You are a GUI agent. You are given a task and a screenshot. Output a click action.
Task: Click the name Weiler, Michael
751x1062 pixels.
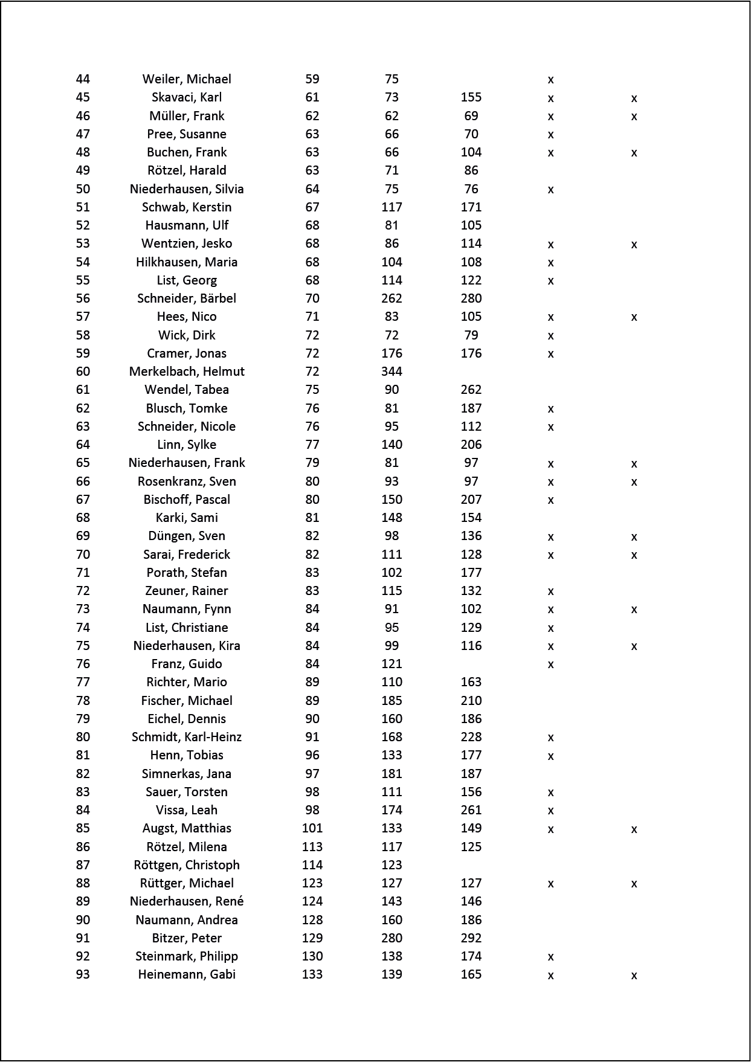pyautogui.click(x=187, y=79)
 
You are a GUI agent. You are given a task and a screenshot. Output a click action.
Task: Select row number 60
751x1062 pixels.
pyautogui.click(x=83, y=372)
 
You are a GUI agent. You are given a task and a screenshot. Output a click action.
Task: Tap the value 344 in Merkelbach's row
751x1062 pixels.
pyautogui.click(x=392, y=372)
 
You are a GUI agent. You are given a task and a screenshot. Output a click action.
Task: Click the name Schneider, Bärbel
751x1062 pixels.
pyautogui.click(x=187, y=298)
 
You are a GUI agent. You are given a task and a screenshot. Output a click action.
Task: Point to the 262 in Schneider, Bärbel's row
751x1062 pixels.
pyautogui.click(x=392, y=298)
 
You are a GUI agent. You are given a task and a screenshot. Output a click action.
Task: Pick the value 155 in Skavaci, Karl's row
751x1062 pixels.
pyautogui.click(x=471, y=97)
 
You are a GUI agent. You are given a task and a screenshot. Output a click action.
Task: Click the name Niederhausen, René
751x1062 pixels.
pyautogui.click(x=187, y=901)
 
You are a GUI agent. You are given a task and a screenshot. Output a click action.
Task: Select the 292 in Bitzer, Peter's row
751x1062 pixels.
pyautogui.click(x=471, y=938)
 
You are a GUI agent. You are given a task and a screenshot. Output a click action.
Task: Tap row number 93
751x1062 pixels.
pyautogui.click(x=83, y=974)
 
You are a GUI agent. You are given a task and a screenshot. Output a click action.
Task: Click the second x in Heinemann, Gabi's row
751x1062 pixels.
pyautogui.click(x=634, y=975)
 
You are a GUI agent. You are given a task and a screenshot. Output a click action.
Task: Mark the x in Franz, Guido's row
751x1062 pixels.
pyautogui.click(x=550, y=665)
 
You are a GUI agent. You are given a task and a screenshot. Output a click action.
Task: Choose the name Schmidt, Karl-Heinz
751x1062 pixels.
pyautogui.click(x=187, y=737)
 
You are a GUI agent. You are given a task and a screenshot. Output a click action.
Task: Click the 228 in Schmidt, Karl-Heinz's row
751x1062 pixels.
pyautogui.click(x=471, y=737)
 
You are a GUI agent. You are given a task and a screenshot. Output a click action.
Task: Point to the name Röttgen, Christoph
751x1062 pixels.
pyautogui.click(x=187, y=865)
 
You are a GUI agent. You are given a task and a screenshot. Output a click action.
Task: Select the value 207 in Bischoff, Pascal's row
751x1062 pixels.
pyautogui.click(x=471, y=500)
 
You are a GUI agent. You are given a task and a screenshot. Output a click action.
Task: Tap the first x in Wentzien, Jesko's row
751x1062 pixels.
pyautogui.click(x=550, y=245)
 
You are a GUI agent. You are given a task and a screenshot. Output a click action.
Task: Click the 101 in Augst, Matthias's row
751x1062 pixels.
pyautogui.click(x=312, y=828)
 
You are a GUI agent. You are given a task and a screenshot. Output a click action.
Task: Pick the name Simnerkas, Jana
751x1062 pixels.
pyautogui.click(x=187, y=774)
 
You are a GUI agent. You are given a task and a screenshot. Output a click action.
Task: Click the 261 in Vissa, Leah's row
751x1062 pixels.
pyautogui.click(x=471, y=810)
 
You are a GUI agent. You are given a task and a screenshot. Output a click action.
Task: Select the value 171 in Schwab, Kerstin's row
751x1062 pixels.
pyautogui.click(x=471, y=207)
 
